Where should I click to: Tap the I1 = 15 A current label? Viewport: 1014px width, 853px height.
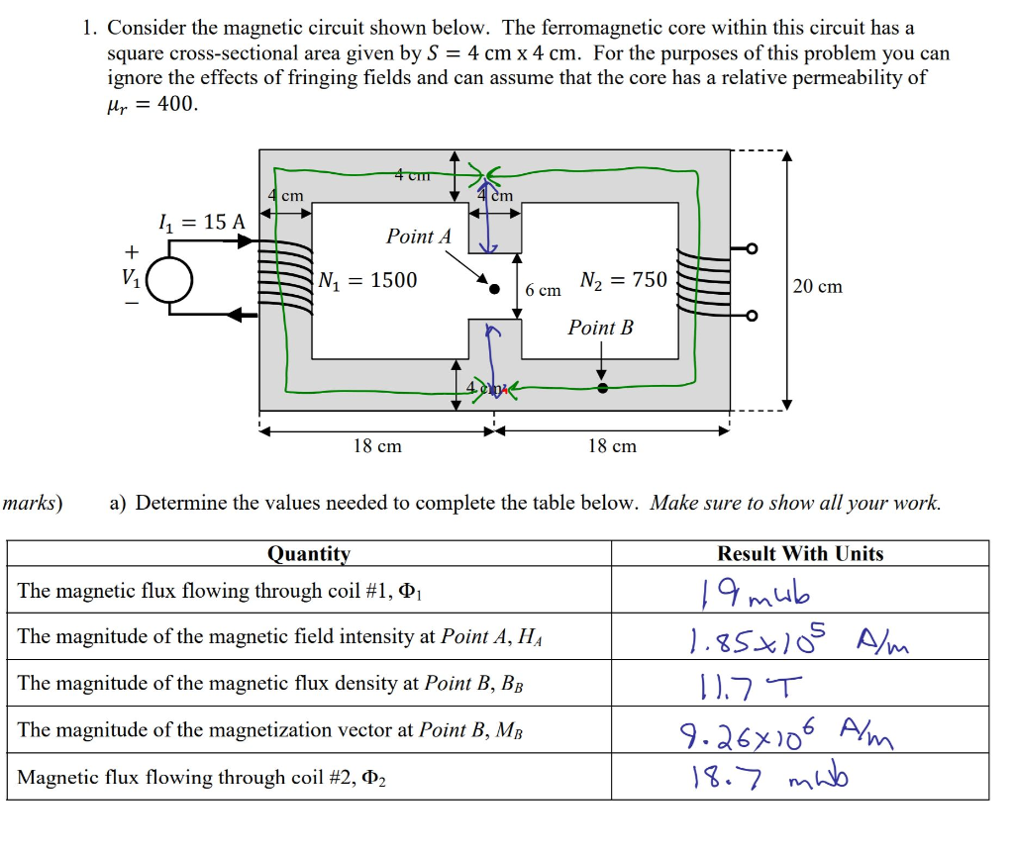coord(201,222)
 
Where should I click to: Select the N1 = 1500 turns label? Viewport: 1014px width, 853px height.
coord(368,280)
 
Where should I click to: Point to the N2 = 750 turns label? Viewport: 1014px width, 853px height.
coord(624,280)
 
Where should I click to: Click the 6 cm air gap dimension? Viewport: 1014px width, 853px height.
coord(543,290)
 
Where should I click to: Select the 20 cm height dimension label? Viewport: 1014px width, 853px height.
coord(818,286)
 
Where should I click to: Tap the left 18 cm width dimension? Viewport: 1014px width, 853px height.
coord(377,446)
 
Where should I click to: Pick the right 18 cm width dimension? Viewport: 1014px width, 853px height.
coord(612,446)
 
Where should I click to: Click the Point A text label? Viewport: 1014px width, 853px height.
coord(418,237)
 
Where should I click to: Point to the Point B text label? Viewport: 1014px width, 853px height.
coord(600,328)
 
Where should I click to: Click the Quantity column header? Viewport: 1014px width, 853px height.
coord(308,554)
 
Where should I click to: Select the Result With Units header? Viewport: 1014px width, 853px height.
coord(800,554)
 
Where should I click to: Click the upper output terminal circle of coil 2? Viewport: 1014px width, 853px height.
coord(752,248)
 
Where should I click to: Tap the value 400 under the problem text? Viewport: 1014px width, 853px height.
coord(177,104)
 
